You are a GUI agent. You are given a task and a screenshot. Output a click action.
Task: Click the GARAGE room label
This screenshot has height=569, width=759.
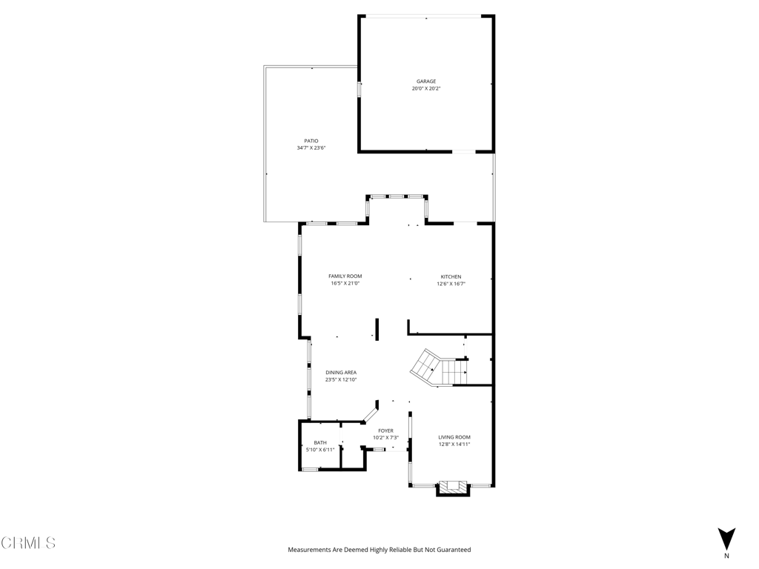tap(425, 81)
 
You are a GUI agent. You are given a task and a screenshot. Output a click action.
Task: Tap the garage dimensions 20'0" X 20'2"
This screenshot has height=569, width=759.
tap(426, 89)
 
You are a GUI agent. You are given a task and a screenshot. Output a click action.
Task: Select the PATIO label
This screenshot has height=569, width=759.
tap(311, 141)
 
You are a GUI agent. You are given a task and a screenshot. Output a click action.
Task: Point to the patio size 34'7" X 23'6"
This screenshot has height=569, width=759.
tap(311, 148)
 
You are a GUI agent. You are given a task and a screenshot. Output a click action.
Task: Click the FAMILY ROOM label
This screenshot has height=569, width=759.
tap(345, 276)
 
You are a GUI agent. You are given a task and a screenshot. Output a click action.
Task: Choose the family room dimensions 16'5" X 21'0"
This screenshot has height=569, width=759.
tap(345, 284)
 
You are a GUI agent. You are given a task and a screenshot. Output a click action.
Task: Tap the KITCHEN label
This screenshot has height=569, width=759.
tap(451, 277)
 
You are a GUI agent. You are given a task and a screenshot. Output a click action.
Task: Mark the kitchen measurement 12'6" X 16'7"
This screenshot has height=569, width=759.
tap(451, 284)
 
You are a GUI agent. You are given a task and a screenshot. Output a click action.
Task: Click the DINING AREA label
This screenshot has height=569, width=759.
tap(341, 373)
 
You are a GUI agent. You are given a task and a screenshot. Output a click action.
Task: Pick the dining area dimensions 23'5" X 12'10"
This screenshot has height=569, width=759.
tap(341, 380)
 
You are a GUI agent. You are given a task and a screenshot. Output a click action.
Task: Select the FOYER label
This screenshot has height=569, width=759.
tap(385, 430)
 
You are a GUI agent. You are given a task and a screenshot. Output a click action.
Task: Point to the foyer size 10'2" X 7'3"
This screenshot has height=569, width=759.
tap(385, 438)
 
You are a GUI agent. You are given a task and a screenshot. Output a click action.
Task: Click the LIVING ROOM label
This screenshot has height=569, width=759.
tap(454, 437)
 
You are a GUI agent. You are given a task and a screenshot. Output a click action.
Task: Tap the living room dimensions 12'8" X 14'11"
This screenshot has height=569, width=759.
tap(454, 445)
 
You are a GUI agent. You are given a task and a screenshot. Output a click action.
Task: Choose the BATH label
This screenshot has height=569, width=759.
tap(319, 442)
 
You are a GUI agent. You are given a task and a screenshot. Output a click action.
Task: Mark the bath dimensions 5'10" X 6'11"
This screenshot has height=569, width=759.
tap(320, 450)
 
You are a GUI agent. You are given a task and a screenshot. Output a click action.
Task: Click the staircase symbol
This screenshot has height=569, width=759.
tap(439, 368)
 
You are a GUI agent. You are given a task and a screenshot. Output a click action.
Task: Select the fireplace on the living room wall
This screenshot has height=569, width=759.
tap(453, 488)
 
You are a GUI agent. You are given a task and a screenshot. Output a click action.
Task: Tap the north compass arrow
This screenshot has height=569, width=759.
tap(726, 539)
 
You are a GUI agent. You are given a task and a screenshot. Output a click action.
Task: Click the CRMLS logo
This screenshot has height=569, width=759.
tap(28, 543)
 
